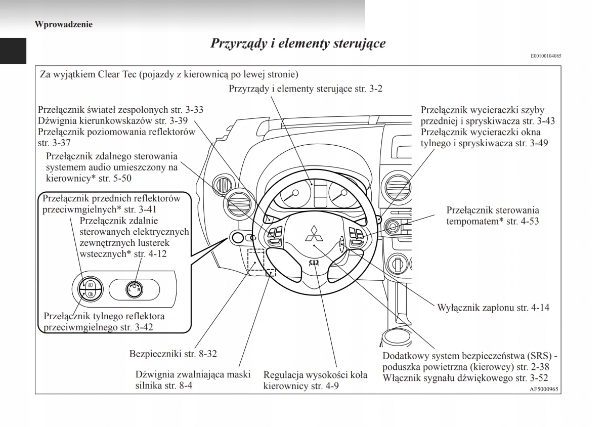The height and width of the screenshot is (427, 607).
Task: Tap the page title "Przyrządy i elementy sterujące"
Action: pos(297,43)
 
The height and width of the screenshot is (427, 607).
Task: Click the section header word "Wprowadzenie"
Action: pos(64,24)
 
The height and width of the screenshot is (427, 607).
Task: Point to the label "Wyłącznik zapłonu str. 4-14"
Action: pos(493,307)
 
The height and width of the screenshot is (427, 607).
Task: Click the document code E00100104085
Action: pos(546,56)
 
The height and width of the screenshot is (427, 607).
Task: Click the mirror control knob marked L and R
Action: pos(135,289)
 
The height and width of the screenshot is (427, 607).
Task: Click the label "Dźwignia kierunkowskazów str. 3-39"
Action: pos(113,121)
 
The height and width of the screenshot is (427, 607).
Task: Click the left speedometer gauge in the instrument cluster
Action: pos(294,197)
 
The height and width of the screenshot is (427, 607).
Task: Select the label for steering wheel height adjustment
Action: pos(315,381)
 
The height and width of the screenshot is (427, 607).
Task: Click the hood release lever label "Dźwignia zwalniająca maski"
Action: pos(193,375)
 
